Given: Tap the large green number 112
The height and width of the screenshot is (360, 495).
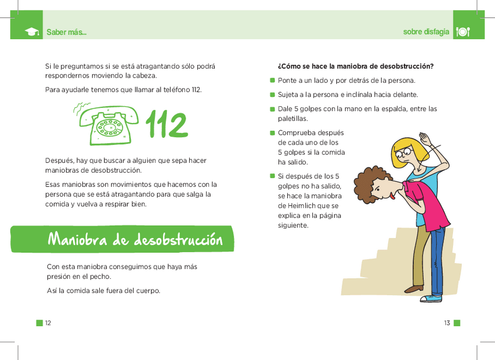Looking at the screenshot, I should [166, 124].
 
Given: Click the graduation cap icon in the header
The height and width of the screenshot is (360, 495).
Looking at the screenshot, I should [32, 32].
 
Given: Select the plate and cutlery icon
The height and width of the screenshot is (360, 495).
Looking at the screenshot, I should [463, 32].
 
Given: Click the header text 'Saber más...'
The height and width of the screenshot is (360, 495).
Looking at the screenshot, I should [67, 32].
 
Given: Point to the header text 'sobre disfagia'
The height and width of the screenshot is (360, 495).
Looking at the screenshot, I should [426, 32].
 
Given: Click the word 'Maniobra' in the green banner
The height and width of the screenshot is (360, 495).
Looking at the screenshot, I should [86, 239].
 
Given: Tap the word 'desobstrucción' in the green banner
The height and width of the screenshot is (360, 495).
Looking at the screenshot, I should [178, 239].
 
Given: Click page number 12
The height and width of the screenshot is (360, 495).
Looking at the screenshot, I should [48, 323].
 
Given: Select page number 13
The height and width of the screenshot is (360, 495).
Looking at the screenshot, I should [447, 323].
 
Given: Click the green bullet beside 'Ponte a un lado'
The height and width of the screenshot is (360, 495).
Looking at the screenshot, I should [272, 81].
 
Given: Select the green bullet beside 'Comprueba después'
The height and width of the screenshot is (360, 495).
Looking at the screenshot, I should [272, 132].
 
